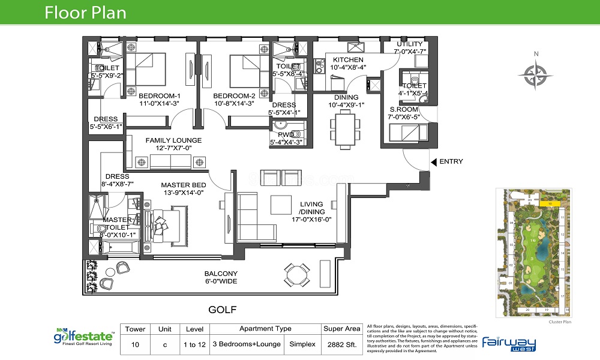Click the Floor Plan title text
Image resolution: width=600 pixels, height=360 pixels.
pos(86,13)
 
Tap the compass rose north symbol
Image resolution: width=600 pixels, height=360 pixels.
pos(536,76)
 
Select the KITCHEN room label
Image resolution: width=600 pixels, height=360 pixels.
pos(348,60)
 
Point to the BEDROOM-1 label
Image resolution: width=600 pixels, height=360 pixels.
pos(160,96)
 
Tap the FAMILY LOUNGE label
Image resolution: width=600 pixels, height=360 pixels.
pos(173,140)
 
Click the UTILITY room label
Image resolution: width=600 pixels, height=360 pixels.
pos(409,44)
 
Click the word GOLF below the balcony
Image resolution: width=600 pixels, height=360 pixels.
pos(223,310)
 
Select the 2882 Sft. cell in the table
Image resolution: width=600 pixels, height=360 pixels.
pos(341,345)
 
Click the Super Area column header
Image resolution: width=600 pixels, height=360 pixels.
pos(341,329)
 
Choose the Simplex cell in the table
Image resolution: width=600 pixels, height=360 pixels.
pos(301,345)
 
